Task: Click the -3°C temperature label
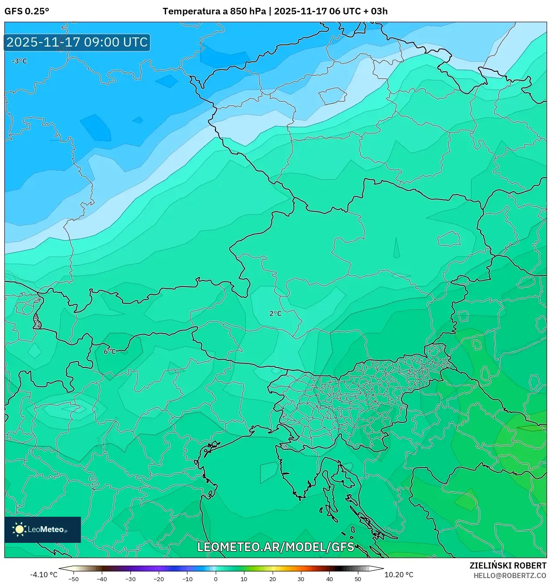(x=19, y=61)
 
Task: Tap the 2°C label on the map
(x=275, y=314)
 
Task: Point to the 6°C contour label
(x=110, y=351)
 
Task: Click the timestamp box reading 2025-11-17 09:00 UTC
(x=77, y=42)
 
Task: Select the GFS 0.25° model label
(x=27, y=11)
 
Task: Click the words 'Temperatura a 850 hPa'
(x=214, y=11)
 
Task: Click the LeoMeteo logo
(x=43, y=529)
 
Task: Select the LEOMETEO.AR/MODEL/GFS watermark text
(x=276, y=547)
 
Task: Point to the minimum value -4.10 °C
(x=43, y=575)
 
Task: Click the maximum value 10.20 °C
(x=399, y=575)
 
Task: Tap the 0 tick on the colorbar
(x=216, y=579)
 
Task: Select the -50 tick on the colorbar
(x=73, y=579)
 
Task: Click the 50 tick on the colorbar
(x=358, y=579)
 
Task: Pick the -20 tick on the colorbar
(x=159, y=579)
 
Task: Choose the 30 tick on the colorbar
(x=301, y=579)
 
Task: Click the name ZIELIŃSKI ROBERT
(x=508, y=565)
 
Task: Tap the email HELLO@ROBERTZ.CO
(x=510, y=575)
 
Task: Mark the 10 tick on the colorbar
(x=244, y=579)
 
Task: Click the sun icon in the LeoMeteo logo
(x=19, y=529)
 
